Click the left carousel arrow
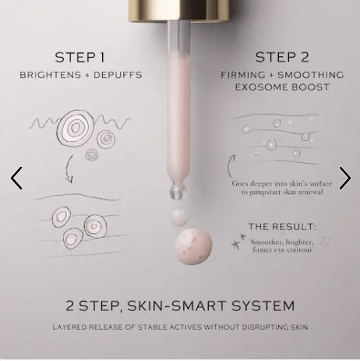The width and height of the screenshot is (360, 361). click(16, 178)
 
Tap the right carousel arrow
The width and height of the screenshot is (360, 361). click(345, 178)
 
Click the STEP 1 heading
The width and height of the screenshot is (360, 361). click(79, 58)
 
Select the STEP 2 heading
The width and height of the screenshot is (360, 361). click(282, 58)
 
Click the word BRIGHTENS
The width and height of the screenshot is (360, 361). click(51, 75)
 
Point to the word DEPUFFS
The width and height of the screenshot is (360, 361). click(118, 75)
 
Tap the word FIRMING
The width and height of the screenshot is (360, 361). click(243, 75)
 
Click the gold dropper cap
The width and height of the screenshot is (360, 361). click(178, 10)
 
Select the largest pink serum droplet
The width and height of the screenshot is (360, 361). click(193, 246)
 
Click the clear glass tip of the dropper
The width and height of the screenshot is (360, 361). click(178, 191)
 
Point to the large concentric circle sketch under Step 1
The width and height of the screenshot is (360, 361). click(76, 129)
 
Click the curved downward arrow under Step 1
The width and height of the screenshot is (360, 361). click(68, 169)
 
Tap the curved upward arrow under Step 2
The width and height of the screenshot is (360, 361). click(230, 166)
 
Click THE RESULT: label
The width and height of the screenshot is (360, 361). click(282, 227)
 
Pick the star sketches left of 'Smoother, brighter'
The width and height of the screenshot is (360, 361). click(238, 241)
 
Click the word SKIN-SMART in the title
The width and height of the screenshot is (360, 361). click(176, 306)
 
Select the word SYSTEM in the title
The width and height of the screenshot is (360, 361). click(263, 306)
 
